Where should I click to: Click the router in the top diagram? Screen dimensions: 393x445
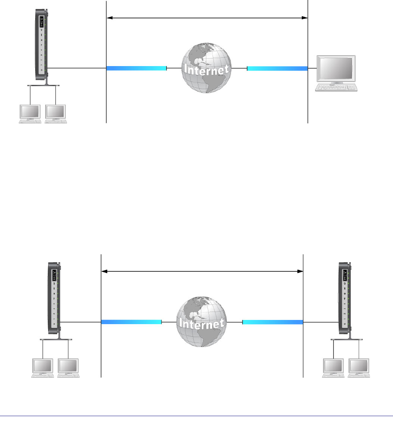click(41, 46)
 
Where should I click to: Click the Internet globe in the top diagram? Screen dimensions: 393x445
click(206, 68)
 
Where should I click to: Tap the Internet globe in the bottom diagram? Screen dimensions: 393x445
click(200, 322)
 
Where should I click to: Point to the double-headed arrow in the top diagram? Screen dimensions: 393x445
click(207, 18)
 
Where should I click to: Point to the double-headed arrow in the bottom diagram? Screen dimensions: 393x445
click(202, 271)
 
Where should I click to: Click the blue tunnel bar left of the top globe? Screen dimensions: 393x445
click(136, 68)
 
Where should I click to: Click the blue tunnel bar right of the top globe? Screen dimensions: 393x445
click(277, 68)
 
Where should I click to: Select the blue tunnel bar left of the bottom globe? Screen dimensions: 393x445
click(131, 322)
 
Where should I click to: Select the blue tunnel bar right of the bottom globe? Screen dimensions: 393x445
click(272, 322)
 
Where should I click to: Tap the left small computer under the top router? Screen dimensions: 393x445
click(31, 113)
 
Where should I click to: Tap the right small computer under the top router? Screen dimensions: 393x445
click(55, 113)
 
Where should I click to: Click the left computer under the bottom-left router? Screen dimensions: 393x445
click(43, 368)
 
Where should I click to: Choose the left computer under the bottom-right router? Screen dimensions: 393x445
click(333, 368)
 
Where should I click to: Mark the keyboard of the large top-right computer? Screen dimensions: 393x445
click(337, 87)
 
